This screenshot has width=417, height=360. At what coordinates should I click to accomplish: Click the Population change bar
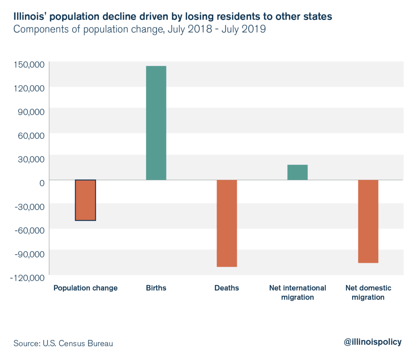[x=85, y=200]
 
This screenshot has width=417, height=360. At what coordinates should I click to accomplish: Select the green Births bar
[x=156, y=123]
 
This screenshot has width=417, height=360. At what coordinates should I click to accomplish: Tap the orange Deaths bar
[x=227, y=223]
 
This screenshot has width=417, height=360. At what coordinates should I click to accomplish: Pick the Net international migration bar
[x=297, y=172]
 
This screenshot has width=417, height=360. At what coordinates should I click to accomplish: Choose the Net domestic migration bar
[x=368, y=221]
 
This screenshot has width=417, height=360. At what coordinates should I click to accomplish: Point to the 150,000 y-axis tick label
[x=28, y=64]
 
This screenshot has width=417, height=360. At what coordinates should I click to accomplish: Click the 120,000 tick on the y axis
[x=28, y=88]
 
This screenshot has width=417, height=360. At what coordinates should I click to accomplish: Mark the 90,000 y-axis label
[x=29, y=111]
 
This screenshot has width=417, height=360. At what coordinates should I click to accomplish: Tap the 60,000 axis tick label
[x=29, y=135]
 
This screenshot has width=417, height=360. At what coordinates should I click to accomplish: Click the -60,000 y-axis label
[x=28, y=230]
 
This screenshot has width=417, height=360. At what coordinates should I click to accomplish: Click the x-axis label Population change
[x=86, y=288]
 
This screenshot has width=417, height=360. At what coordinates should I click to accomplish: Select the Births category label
[x=156, y=288]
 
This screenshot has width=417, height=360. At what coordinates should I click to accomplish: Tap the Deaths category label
[x=227, y=288]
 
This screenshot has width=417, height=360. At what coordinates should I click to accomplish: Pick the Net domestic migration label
[x=368, y=292]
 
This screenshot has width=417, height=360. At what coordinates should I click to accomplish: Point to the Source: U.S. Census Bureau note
[x=63, y=343]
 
